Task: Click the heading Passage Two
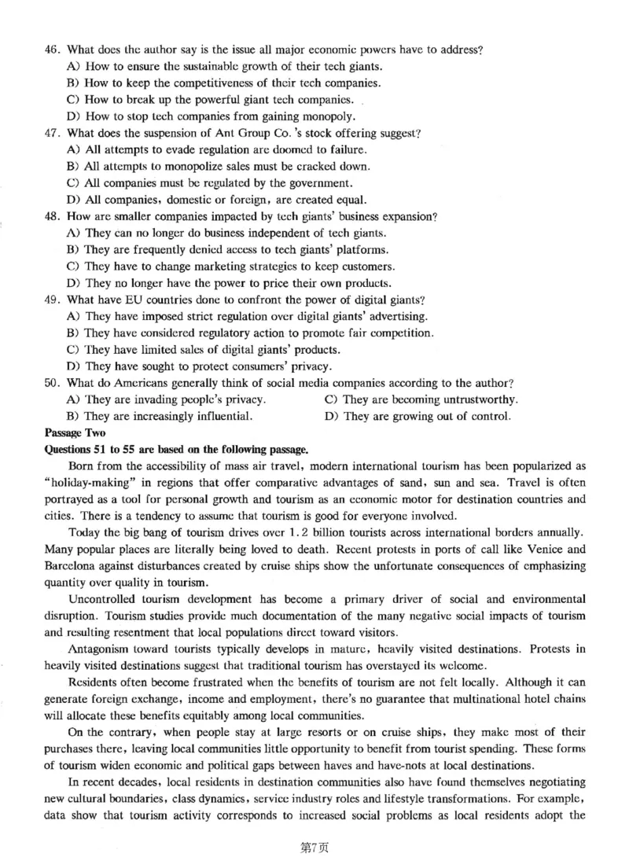pyautogui.click(x=71, y=433)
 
